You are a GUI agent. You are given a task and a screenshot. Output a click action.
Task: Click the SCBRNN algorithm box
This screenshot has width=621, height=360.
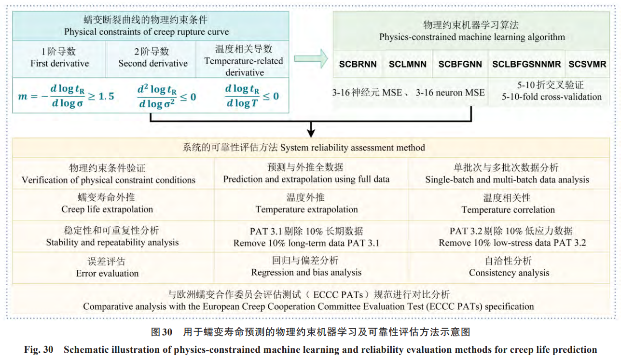(358, 64)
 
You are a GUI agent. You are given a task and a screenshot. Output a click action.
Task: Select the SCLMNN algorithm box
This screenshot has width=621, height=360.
(408, 64)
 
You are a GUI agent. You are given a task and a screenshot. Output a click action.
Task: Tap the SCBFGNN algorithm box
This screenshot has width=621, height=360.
(460, 64)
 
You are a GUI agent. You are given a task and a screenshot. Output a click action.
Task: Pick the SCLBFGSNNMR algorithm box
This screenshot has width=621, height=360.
(526, 64)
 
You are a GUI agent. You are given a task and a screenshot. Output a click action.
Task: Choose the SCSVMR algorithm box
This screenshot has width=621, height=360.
(587, 64)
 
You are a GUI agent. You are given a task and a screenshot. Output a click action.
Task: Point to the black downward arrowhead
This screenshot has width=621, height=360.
(311, 132)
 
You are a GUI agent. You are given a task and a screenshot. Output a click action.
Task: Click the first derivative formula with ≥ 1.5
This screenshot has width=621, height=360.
(66, 96)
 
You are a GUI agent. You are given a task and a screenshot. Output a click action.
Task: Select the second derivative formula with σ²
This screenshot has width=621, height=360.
(166, 96)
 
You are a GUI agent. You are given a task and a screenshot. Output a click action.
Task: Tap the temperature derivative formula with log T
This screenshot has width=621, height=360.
(251, 96)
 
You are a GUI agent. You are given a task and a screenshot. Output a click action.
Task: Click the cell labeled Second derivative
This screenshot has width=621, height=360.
(153, 57)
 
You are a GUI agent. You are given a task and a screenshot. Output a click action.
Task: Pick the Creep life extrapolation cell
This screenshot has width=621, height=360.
(107, 204)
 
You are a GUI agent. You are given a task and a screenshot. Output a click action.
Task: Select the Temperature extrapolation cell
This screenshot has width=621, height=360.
(306, 204)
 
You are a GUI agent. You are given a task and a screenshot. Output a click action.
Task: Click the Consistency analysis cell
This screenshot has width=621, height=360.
(509, 267)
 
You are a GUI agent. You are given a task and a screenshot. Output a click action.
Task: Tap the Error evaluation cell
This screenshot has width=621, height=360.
(107, 267)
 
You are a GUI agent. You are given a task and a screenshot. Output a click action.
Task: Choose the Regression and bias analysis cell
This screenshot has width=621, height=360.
(306, 267)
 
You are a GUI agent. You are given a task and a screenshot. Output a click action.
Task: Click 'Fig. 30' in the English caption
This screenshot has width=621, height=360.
(39, 350)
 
